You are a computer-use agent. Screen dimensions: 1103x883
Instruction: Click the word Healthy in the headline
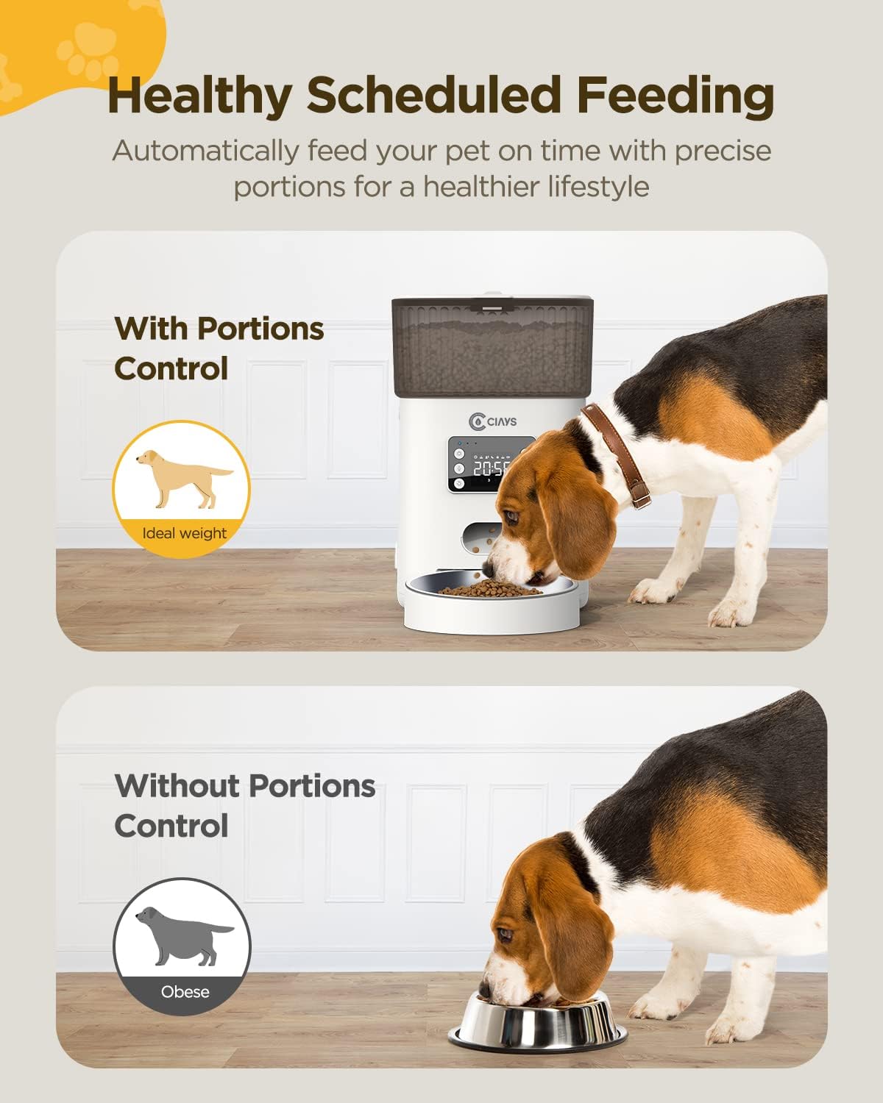pos(199,96)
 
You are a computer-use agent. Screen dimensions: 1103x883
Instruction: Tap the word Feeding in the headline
pos(675,96)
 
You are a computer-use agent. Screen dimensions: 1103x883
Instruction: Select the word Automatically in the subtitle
pos(204,151)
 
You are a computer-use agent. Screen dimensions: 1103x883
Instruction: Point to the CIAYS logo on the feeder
pos(493,421)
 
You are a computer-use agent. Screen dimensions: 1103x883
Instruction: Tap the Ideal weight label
pos(184,533)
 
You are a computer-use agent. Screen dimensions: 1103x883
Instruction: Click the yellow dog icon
pos(183,478)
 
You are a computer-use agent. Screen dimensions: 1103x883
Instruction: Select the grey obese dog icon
pos(183,935)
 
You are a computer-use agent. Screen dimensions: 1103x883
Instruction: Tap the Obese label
pos(185,992)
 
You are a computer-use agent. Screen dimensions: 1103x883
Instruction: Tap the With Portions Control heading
pos(219,348)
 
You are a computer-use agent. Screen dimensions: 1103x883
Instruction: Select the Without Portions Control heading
pos(244,805)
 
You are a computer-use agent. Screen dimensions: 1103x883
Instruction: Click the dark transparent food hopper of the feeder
pos(492,346)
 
